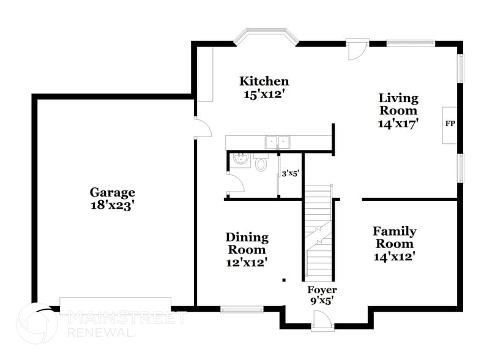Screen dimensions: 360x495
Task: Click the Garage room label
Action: click(x=113, y=192)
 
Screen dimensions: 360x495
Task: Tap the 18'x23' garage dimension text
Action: click(x=113, y=206)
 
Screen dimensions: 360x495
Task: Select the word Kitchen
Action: click(x=264, y=81)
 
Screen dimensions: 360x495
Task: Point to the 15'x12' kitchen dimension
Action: click(x=264, y=94)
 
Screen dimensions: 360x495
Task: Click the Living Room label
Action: click(x=398, y=104)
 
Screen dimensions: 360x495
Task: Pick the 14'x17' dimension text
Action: click(x=398, y=122)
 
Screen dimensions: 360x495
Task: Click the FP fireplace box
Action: click(x=450, y=124)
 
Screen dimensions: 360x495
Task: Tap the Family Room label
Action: click(x=395, y=237)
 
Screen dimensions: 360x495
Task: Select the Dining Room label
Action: click(x=247, y=243)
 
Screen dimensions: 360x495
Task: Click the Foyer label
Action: click(x=322, y=290)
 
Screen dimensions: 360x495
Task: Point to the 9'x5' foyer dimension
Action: click(x=322, y=301)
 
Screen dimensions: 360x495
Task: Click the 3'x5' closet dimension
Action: click(x=290, y=174)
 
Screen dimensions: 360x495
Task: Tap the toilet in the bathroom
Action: click(x=261, y=163)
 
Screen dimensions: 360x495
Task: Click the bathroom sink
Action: click(x=240, y=160)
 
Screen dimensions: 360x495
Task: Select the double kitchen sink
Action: click(x=278, y=143)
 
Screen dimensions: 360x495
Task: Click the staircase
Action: click(x=318, y=233)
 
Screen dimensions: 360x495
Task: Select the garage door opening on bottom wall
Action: click(x=115, y=305)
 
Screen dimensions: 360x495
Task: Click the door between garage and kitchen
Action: click(x=203, y=128)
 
